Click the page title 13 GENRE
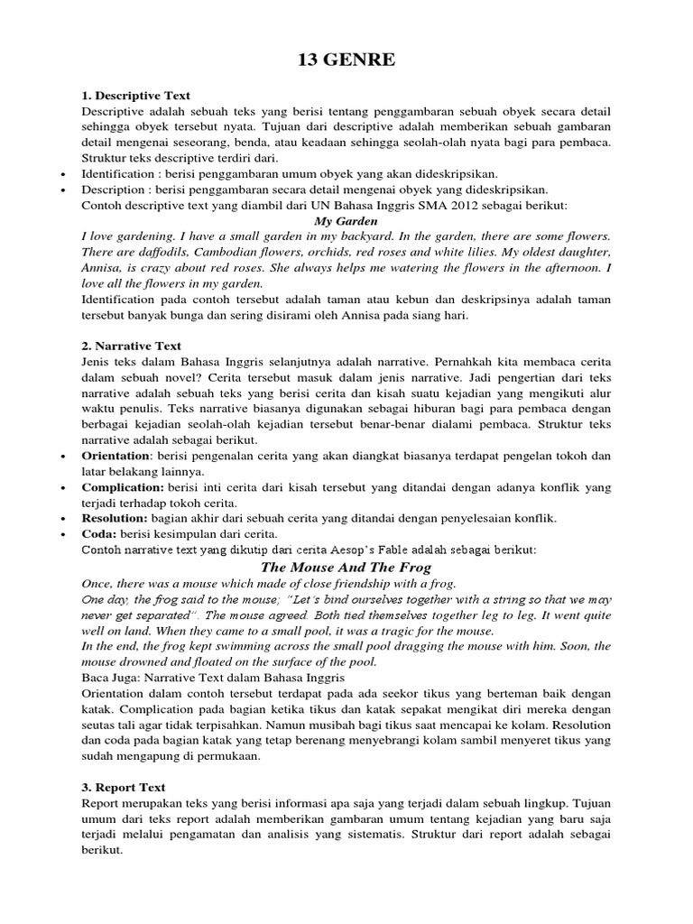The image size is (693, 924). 346,61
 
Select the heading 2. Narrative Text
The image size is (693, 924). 131,346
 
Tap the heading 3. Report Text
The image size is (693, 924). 124,788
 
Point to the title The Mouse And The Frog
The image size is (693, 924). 346,567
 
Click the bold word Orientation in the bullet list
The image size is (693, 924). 115,456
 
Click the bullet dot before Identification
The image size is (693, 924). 60,174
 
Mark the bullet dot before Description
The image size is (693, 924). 60,189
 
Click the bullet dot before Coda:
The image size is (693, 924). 60,534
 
